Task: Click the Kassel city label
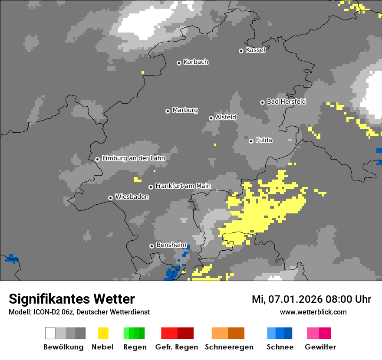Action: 255,50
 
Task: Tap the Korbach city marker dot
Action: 179,63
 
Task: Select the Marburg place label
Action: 185,110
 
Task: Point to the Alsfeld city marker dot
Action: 211,118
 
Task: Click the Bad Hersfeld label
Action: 286,101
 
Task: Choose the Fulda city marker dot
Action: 251,141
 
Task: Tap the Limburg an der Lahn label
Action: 133,158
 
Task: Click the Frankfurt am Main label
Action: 183,186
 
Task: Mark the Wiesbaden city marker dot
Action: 110,198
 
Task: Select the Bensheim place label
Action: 171,245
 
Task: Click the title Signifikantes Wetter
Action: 72,299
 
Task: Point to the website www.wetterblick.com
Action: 313,312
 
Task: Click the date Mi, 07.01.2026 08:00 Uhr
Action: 311,299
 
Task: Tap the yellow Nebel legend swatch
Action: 103,333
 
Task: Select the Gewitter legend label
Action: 320,347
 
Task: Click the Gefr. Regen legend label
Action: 177,347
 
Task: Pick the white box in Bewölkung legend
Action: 50,333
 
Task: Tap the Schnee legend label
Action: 280,347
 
